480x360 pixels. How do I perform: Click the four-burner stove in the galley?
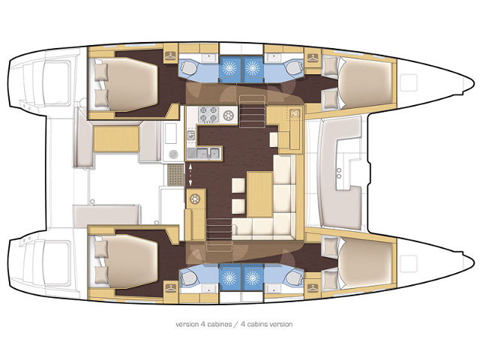tap(208, 115)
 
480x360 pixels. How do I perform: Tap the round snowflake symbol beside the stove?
tap(228, 115)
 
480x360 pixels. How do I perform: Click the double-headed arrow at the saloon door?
tap(190, 175)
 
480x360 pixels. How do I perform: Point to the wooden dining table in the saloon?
tap(260, 194)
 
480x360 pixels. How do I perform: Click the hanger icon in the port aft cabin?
tap(170, 55)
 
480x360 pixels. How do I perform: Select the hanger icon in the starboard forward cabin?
tap(312, 288)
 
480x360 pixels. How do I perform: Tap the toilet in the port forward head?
tap(293, 67)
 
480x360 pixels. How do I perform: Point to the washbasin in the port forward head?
tap(272, 57)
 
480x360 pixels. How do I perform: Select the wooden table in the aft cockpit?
tap(116, 139)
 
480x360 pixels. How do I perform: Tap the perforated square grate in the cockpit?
tap(175, 175)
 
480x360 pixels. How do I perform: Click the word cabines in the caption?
tap(219, 324)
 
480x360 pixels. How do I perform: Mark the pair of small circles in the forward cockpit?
tap(339, 173)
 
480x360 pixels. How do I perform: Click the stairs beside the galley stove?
tap(252, 111)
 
